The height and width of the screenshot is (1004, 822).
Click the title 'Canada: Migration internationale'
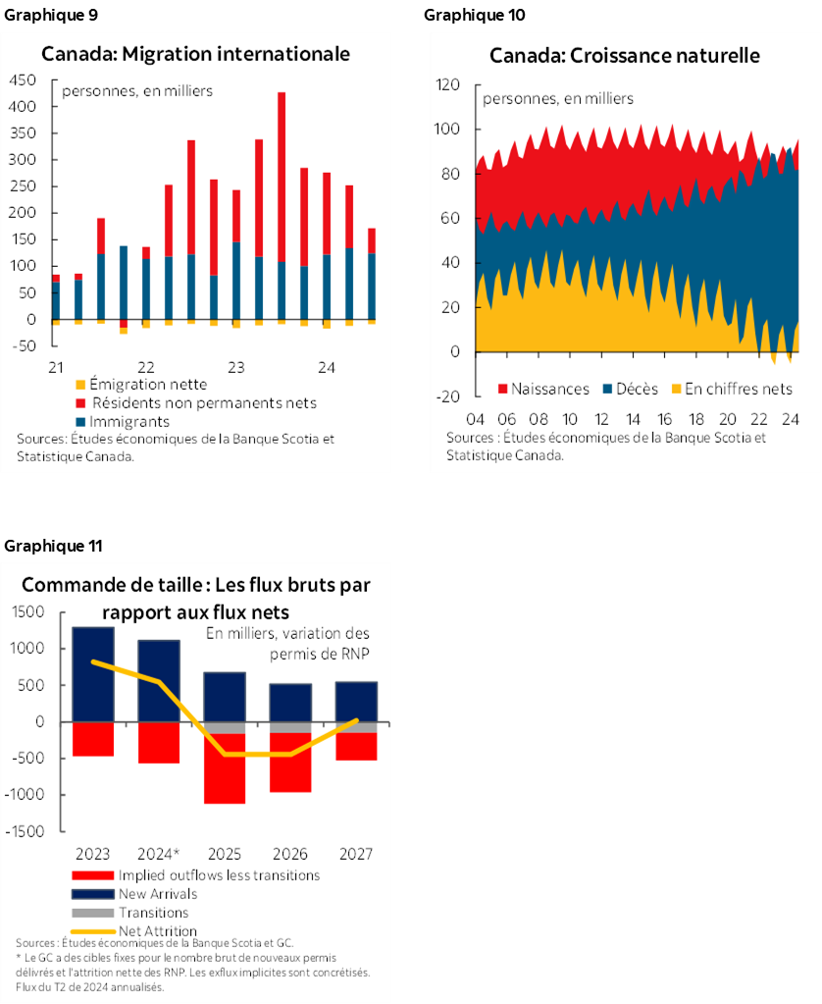[194, 54]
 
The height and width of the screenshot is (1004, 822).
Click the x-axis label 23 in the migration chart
[236, 367]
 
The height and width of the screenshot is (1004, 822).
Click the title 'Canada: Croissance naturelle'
[625, 55]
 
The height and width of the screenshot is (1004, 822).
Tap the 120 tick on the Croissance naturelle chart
[447, 85]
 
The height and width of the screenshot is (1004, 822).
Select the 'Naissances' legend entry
[543, 389]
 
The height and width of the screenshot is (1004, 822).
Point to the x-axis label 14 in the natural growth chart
[633, 416]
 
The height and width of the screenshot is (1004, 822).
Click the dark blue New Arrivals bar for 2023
[93, 673]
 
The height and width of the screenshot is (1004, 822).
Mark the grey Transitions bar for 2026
[291, 727]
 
